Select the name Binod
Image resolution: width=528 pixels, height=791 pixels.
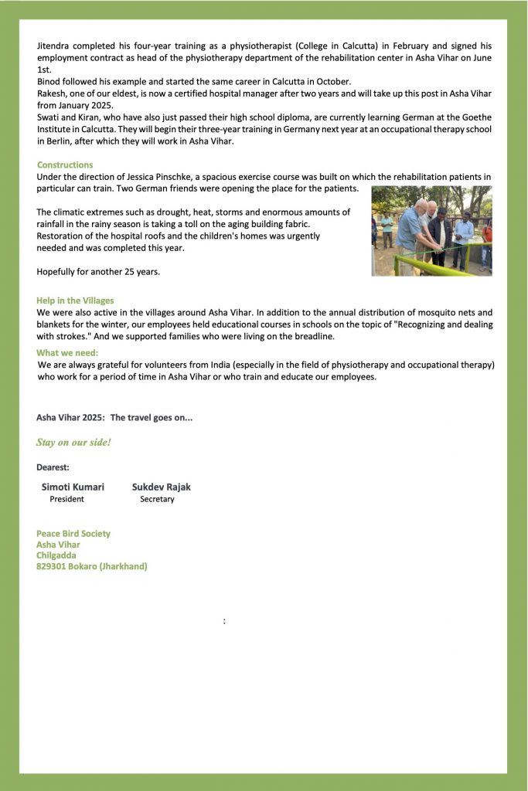coord(49,82)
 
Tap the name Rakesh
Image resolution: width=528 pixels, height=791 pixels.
coord(52,93)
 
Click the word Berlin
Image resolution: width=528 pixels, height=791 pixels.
coord(51,141)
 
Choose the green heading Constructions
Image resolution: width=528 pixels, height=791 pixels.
coord(65,165)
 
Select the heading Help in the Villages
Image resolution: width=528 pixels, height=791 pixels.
coord(75,300)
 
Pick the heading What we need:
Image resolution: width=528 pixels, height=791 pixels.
coord(67,353)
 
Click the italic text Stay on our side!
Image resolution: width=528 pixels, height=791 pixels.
coord(73,443)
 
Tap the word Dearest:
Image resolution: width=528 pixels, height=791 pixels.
coord(53,467)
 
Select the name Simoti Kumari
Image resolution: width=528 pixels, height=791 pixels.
coord(73,487)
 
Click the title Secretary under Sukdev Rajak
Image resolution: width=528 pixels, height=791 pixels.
coord(157,499)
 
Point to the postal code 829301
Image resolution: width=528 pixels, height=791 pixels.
coord(51,566)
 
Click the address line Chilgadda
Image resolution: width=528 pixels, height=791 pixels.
coord(56,555)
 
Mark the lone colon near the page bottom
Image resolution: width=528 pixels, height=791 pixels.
coord(224,621)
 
